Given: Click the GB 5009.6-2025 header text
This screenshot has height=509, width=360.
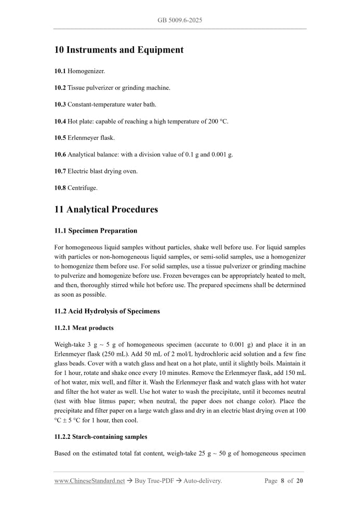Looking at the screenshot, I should click(180, 20).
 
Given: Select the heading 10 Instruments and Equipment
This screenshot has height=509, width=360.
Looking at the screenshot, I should click(119, 50).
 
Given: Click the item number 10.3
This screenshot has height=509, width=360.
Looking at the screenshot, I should click(60, 104).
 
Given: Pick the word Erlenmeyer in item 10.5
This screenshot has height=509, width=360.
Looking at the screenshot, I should click(83, 138).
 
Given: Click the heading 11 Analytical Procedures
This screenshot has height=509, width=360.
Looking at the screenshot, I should click(106, 210).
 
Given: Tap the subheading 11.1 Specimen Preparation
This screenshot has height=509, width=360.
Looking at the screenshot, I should click(96, 231).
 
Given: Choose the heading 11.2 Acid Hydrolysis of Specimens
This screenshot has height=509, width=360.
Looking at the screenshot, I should click(107, 311).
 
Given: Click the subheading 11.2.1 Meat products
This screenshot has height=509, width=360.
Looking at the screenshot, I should click(84, 328).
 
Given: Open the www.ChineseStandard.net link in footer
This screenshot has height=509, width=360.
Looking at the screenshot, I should click(89, 481).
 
